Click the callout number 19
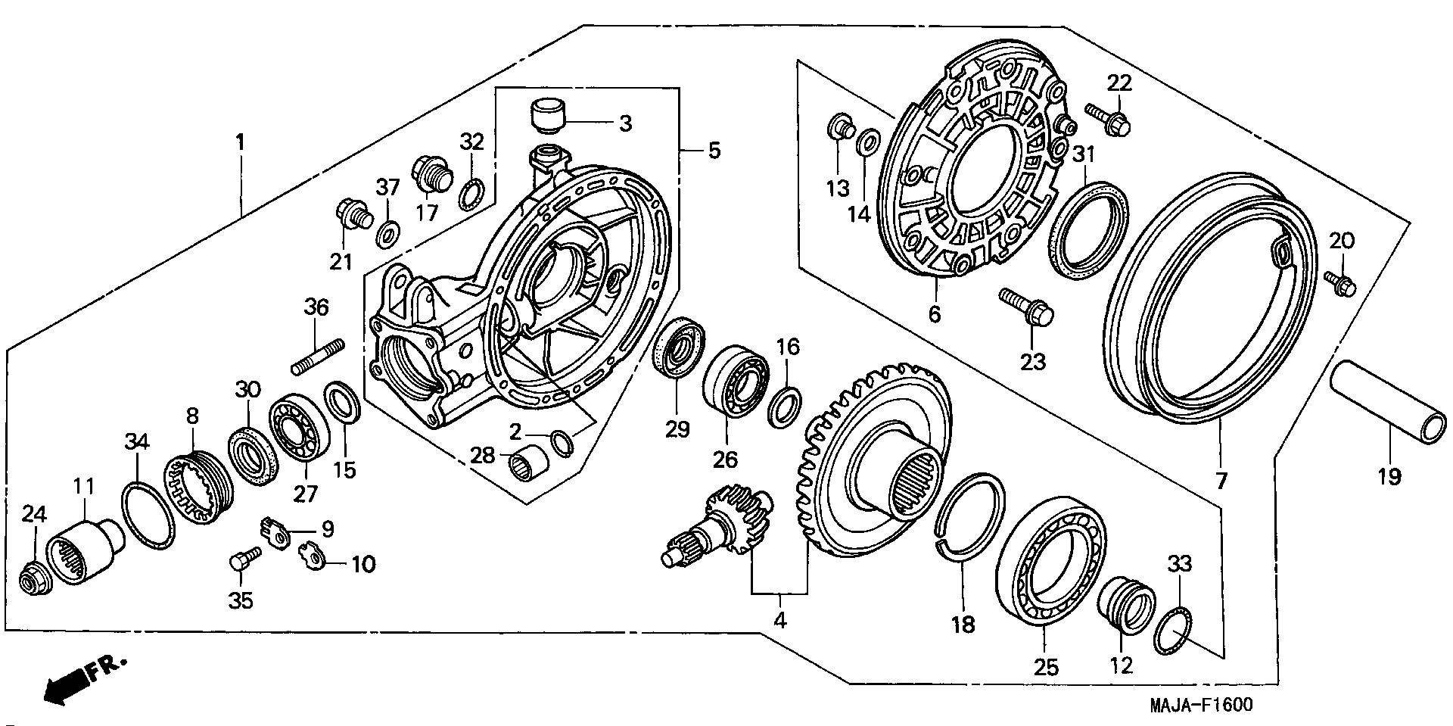tap(1389, 477)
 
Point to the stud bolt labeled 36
tap(318, 357)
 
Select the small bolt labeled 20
tap(1341, 283)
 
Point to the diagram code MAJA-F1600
tap(1201, 706)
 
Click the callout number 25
tap(1049, 667)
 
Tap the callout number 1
tap(240, 142)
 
